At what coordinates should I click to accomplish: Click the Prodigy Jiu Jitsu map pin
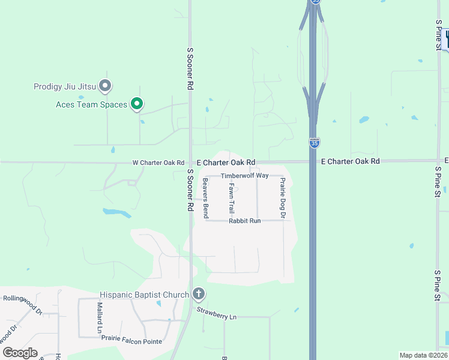click(x=106, y=86)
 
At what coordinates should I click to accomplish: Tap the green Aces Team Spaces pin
click(x=137, y=104)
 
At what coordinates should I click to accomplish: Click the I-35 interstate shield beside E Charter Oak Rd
click(x=315, y=143)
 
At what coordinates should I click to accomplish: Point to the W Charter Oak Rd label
click(x=158, y=163)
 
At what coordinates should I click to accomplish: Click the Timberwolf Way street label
click(x=245, y=176)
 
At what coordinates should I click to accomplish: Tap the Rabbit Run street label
click(x=245, y=221)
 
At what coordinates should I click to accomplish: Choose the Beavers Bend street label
click(x=205, y=198)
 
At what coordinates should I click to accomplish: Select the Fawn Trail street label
click(x=232, y=199)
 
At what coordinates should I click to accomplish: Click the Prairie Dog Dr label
click(x=282, y=197)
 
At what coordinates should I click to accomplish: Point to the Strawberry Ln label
click(x=217, y=314)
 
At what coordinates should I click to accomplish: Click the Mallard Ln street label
click(x=100, y=318)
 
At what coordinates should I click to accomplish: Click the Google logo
click(x=19, y=352)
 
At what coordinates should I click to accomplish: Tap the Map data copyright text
click(x=423, y=355)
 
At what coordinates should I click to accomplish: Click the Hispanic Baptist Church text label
click(x=144, y=295)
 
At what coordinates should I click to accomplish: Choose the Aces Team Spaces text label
click(x=91, y=105)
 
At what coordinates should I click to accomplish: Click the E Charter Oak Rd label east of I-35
click(x=351, y=161)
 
